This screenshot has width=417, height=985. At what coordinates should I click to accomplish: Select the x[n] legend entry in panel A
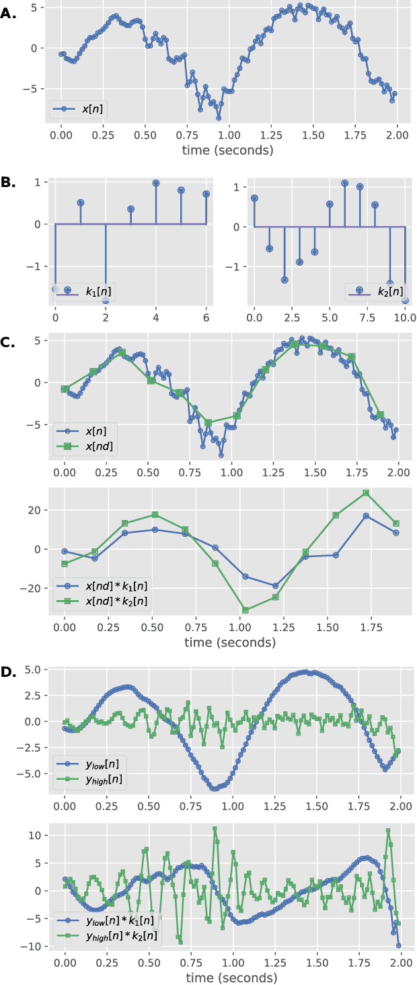79,108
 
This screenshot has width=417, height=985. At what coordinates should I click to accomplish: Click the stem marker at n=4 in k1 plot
156,183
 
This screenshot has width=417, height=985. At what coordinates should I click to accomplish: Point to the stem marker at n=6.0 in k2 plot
344,183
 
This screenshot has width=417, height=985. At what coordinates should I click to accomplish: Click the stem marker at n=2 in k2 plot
285,280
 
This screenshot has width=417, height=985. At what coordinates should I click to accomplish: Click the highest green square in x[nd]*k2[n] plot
366,492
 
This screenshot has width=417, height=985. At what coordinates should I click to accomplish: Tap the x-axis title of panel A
227,150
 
